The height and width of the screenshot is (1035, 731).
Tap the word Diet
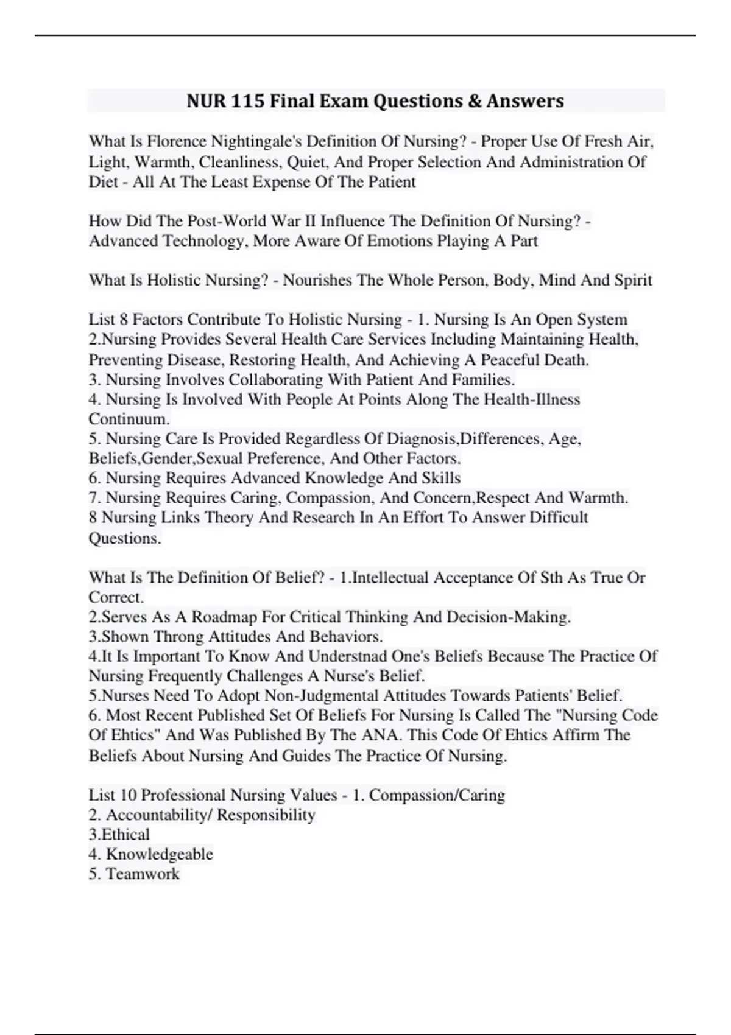pyautogui.click(x=103, y=181)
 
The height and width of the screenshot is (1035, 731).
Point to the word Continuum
pyautogui.click(x=129, y=419)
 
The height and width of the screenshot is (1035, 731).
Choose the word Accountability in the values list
pyautogui.click(x=157, y=815)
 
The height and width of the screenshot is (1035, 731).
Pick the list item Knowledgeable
pyautogui.click(x=160, y=854)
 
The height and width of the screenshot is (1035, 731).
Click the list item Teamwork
pyautogui.click(x=143, y=874)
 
